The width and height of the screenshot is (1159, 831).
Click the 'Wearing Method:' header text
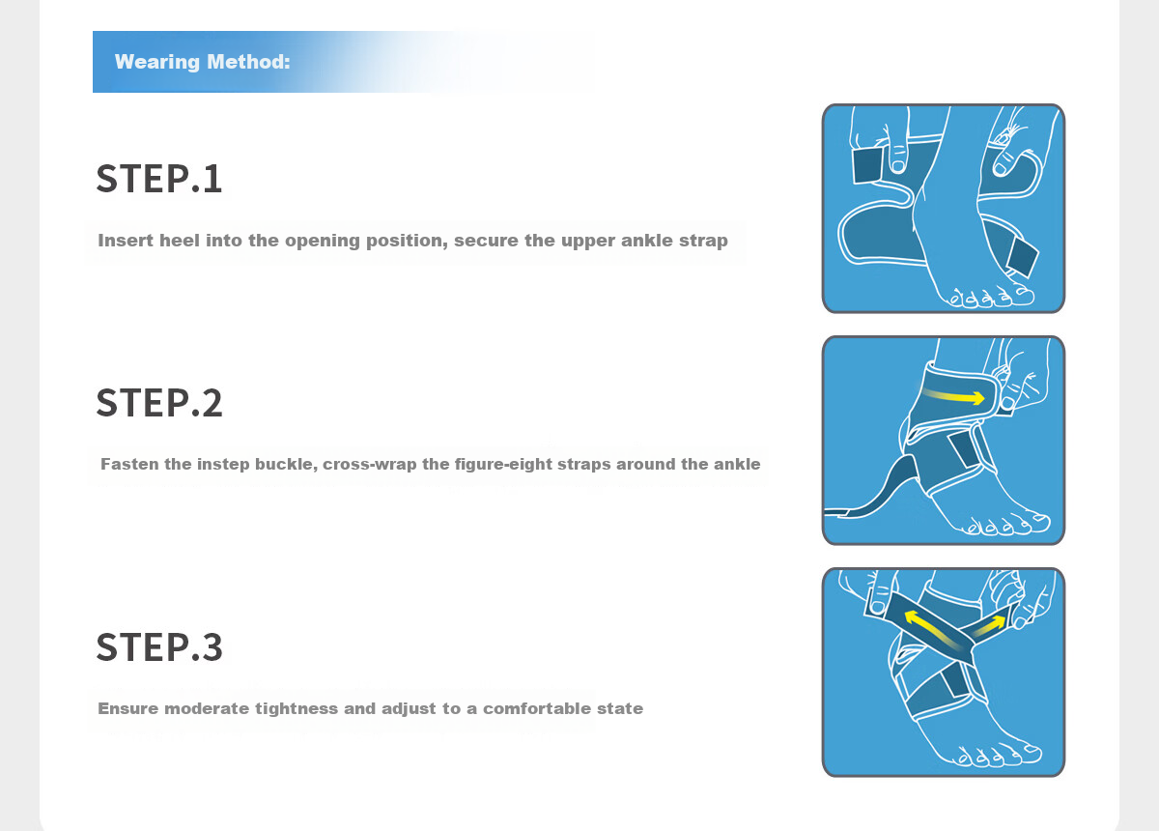[202, 62]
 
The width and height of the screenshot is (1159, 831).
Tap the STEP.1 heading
[159, 178]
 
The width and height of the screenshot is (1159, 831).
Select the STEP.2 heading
[159, 402]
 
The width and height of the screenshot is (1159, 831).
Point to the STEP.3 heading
[159, 646]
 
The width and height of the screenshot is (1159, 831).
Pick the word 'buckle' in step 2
[291, 464]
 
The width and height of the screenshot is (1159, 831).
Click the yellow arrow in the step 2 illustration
[954, 396]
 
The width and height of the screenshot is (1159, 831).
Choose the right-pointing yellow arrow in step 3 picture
[989, 625]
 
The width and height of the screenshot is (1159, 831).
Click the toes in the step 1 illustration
[989, 297]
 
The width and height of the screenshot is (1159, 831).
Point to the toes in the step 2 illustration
[1007, 524]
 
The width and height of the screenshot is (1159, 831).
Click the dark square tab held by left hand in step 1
[867, 165]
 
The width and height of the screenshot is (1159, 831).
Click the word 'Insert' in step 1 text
[126, 241]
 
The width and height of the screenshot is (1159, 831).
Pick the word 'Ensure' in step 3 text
[127, 708]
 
